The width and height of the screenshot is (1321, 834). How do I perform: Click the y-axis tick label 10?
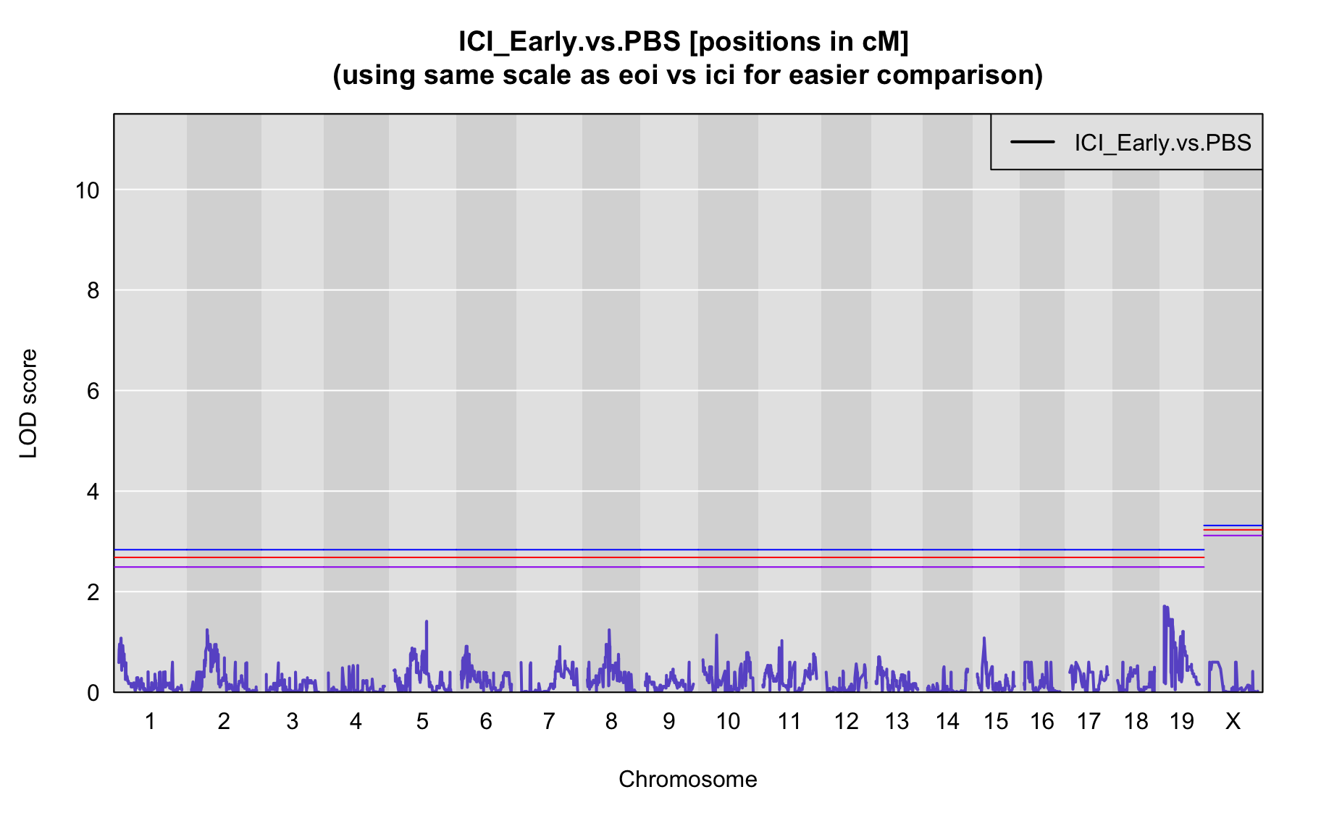click(86, 190)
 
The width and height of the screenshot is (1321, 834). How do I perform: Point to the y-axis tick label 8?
click(93, 291)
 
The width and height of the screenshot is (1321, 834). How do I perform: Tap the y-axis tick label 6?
click(93, 392)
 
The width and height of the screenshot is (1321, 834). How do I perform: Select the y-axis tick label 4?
click(93, 492)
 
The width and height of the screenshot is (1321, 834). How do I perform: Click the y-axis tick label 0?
click(93, 693)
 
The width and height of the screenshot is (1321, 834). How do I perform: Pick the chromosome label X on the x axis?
click(1233, 721)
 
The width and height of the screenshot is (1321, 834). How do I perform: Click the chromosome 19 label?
click(1182, 721)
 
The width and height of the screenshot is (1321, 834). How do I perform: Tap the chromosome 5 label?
click(422, 721)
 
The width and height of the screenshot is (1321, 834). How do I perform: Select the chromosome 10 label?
click(728, 721)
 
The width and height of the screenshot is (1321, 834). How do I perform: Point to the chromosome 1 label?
click(150, 721)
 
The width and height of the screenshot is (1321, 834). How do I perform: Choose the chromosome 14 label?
click(947, 721)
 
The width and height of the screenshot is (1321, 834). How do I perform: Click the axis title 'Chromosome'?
click(688, 779)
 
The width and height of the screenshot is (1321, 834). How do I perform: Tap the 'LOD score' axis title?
click(28, 403)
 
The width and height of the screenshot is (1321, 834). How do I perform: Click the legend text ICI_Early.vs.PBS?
click(1162, 143)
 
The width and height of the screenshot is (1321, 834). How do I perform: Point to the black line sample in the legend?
click(1033, 142)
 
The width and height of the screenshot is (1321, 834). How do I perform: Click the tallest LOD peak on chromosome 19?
click(1164, 606)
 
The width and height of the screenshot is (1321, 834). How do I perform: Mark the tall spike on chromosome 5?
click(427, 621)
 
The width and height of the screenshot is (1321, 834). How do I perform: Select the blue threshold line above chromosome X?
click(1233, 526)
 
